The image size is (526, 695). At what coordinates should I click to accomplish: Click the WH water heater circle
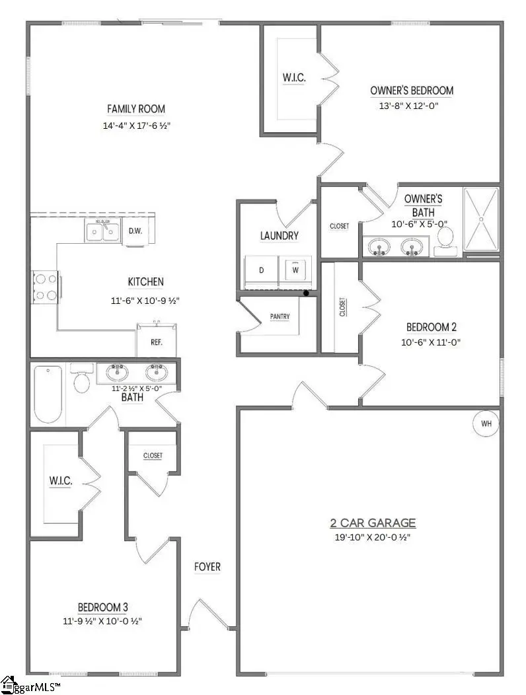(x=486, y=423)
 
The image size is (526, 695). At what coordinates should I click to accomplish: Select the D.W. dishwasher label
(x=135, y=231)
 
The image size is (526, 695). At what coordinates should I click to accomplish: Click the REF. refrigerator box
(x=157, y=342)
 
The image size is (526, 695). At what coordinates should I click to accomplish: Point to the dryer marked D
(x=261, y=270)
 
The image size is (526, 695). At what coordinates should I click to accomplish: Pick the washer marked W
(x=295, y=270)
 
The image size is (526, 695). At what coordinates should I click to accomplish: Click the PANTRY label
(x=280, y=316)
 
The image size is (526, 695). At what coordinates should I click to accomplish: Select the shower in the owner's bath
(x=481, y=219)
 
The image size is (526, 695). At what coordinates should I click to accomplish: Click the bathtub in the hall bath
(x=48, y=394)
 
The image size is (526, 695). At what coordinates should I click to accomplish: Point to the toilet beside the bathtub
(x=82, y=379)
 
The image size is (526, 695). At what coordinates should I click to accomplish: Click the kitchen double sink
(x=102, y=231)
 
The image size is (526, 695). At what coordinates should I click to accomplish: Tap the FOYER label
(x=207, y=567)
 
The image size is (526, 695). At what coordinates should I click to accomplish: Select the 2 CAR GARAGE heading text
(x=373, y=523)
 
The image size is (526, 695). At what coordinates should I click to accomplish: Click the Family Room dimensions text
(x=136, y=125)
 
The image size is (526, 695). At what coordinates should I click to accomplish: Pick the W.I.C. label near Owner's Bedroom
(x=293, y=78)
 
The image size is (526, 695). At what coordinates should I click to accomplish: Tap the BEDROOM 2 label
(x=432, y=327)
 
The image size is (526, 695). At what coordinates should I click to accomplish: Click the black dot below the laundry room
(x=305, y=293)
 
